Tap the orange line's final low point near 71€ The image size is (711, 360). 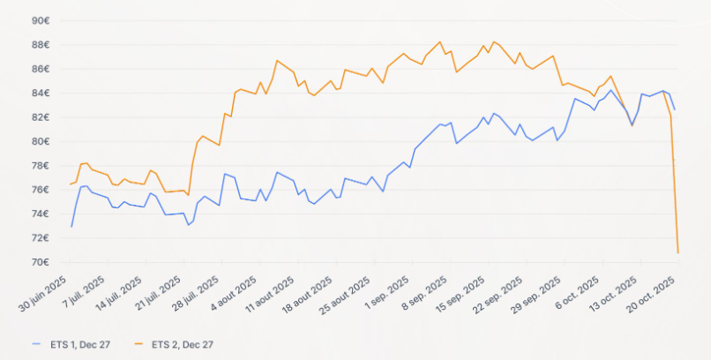coord(677,253)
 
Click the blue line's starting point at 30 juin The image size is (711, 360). coord(71,227)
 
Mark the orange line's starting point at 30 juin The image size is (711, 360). coord(71,184)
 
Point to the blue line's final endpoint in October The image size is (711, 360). coord(675,109)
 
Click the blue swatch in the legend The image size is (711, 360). coord(36,344)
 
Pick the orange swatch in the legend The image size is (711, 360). coord(139,344)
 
